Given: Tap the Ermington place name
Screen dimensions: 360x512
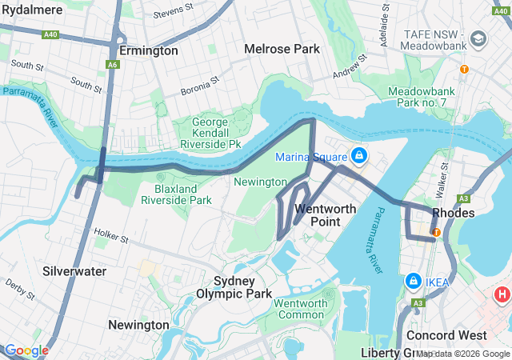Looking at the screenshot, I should (149, 50).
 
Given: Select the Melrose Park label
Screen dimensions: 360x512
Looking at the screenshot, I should (282, 49).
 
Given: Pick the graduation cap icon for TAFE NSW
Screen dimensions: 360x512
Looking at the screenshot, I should (478, 38).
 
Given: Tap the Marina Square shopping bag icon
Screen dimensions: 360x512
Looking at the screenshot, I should (359, 155).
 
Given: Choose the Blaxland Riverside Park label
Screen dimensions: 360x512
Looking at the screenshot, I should (177, 194).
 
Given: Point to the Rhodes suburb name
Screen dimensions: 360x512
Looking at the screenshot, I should (454, 213).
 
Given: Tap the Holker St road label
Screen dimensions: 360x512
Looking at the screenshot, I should (111, 237).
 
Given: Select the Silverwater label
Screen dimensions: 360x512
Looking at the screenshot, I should (75, 271).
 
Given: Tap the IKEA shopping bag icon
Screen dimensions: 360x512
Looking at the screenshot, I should (414, 282).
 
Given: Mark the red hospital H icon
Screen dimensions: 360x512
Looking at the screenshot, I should (502, 295).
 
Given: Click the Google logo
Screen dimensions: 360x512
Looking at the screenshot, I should (26, 350).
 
